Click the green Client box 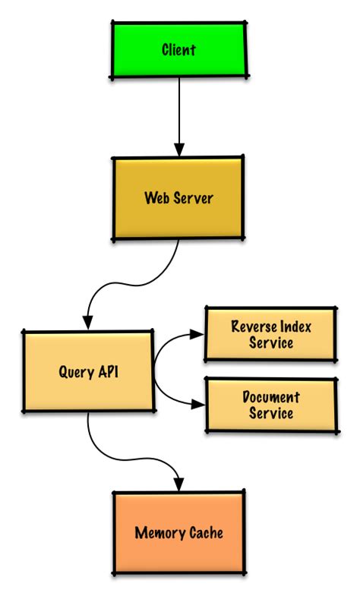pyautogui.click(x=179, y=50)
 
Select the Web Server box pyautogui.click(x=179, y=198)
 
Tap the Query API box pyautogui.click(x=87, y=372)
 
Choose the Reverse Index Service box pyautogui.click(x=271, y=334)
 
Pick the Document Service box pyautogui.click(x=271, y=405)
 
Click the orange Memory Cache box pyautogui.click(x=179, y=532)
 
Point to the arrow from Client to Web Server pyautogui.click(x=179, y=114)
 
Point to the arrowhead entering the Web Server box pyautogui.click(x=179, y=150)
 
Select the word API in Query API pyautogui.click(x=107, y=372)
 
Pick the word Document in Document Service pyautogui.click(x=271, y=397)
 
